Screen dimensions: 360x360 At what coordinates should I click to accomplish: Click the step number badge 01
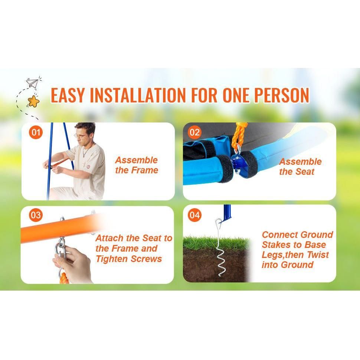tap(36, 132)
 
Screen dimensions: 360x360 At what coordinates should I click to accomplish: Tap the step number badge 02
tap(194, 132)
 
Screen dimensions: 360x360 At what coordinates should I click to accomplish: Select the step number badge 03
tap(36, 215)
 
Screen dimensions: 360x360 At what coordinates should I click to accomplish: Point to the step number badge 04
tap(194, 215)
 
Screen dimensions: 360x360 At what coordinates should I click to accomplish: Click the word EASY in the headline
tap(68, 95)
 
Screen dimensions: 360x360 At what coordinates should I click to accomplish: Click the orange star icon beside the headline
tap(33, 101)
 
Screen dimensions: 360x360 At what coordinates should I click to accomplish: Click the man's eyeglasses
tap(81, 136)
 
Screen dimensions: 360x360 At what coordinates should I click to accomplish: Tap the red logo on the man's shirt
tap(88, 167)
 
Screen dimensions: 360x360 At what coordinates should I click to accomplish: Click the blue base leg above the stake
tap(227, 212)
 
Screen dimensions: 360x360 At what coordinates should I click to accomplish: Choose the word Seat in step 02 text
tap(304, 171)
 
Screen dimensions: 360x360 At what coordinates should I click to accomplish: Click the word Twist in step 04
tap(318, 255)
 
